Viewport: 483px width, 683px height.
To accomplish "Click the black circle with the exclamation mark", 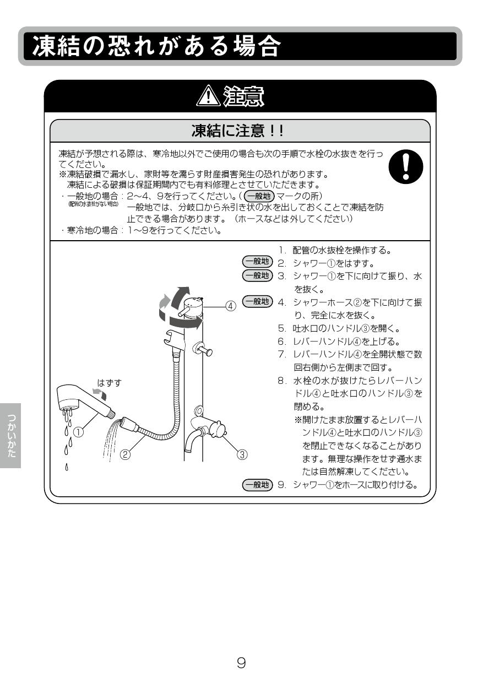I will coord(406,167).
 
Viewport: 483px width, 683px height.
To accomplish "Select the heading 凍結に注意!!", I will coord(237,131).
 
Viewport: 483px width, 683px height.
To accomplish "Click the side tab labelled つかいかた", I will coord(10,435).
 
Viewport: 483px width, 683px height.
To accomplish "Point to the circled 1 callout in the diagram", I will coord(79,432).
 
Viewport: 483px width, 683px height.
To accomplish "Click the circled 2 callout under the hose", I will coord(126,454).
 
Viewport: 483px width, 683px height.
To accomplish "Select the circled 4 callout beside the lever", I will coord(231,305).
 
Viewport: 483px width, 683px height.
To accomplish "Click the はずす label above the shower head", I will coord(109,382).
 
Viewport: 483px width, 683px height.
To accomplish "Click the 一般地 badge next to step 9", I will coord(257,485).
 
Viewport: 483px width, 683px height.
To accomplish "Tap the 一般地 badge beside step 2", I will coord(257,263).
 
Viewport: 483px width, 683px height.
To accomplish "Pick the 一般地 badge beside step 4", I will coord(257,301).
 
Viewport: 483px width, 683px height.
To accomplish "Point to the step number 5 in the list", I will coord(281,329).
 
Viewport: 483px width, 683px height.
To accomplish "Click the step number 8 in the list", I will coord(281,381).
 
